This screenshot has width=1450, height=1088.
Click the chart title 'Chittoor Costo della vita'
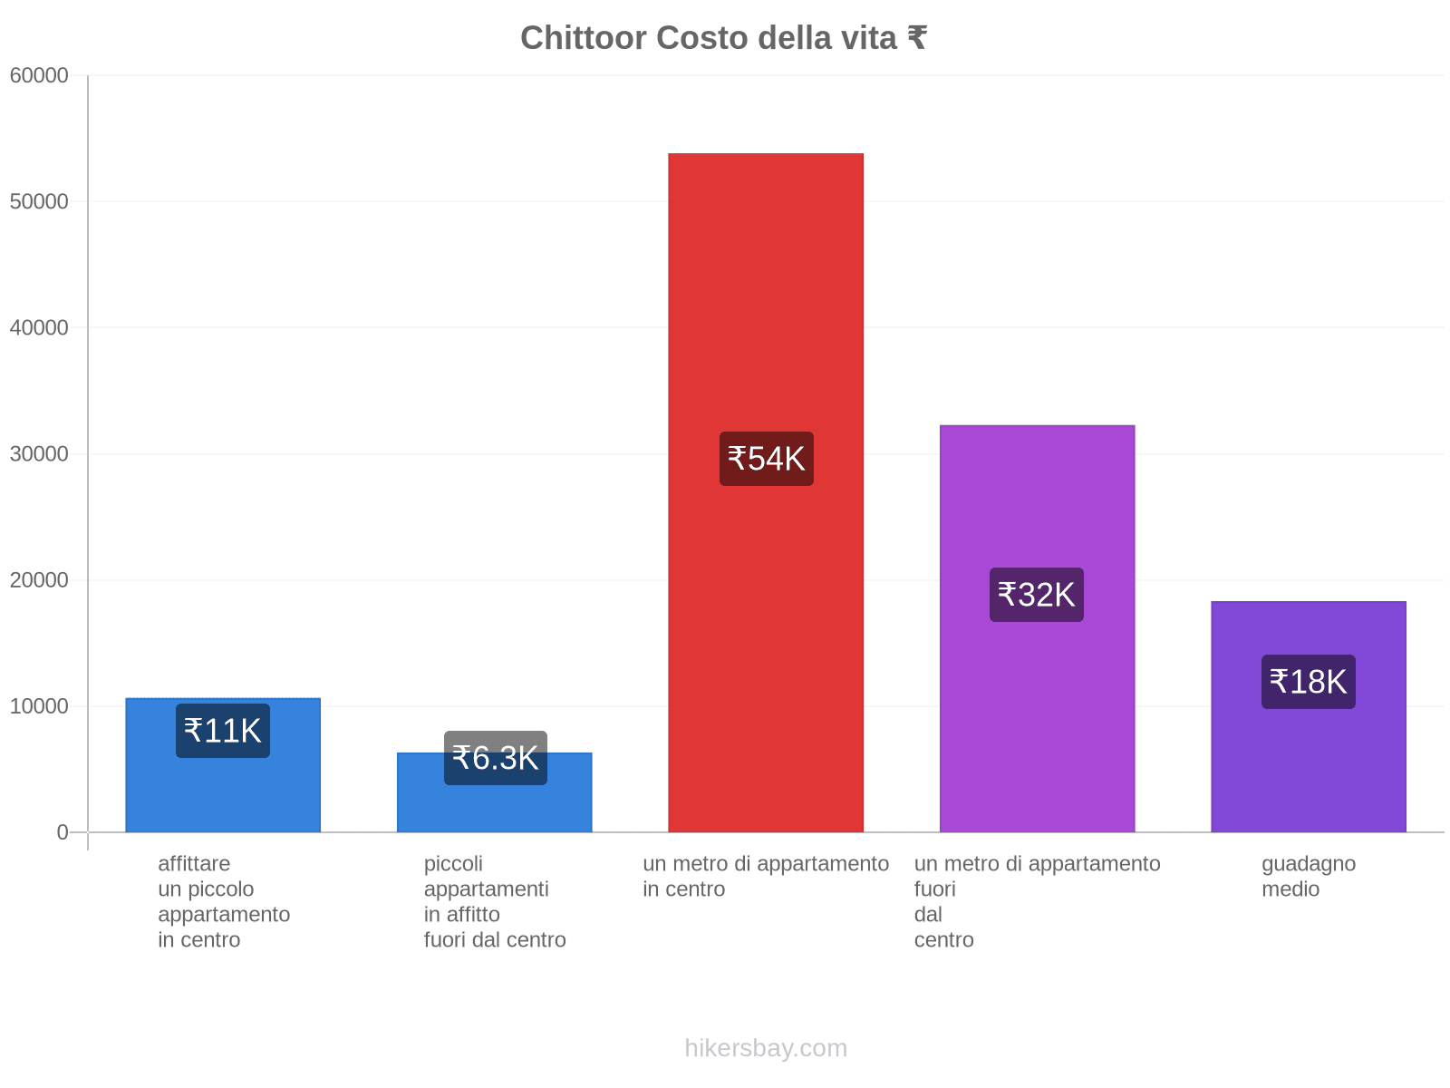point(723,38)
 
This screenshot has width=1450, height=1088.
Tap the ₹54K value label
point(766,459)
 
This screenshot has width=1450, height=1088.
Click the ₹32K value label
point(1036,595)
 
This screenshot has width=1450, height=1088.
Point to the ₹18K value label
point(1308,682)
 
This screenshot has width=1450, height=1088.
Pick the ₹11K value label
point(223,731)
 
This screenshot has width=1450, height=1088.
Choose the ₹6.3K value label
point(495,758)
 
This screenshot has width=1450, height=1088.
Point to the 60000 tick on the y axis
point(40,76)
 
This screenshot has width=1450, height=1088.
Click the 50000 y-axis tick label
point(40,202)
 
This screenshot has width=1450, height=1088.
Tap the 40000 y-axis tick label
point(40,328)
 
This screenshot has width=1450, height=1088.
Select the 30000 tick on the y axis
point(40,454)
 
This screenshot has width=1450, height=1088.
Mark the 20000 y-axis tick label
point(40,580)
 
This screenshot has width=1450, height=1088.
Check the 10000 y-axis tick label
point(40,706)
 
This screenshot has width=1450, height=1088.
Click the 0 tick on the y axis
point(63,832)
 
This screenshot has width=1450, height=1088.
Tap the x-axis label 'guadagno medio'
point(1308,877)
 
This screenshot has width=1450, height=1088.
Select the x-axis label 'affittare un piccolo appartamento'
point(223,901)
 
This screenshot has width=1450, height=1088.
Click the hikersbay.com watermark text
point(766,1048)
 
